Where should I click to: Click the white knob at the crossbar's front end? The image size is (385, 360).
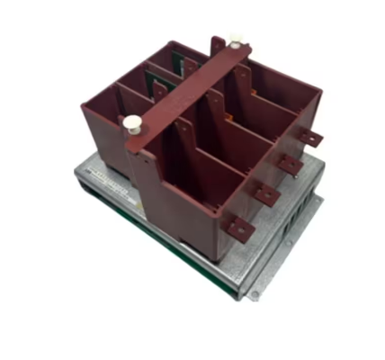[133, 123]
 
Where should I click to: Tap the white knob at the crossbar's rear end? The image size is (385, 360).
[236, 39]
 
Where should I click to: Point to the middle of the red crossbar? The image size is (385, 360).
[184, 84]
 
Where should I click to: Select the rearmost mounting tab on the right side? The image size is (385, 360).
[311, 138]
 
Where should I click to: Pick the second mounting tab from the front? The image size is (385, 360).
[265, 193]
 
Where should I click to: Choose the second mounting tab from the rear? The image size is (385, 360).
[290, 163]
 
